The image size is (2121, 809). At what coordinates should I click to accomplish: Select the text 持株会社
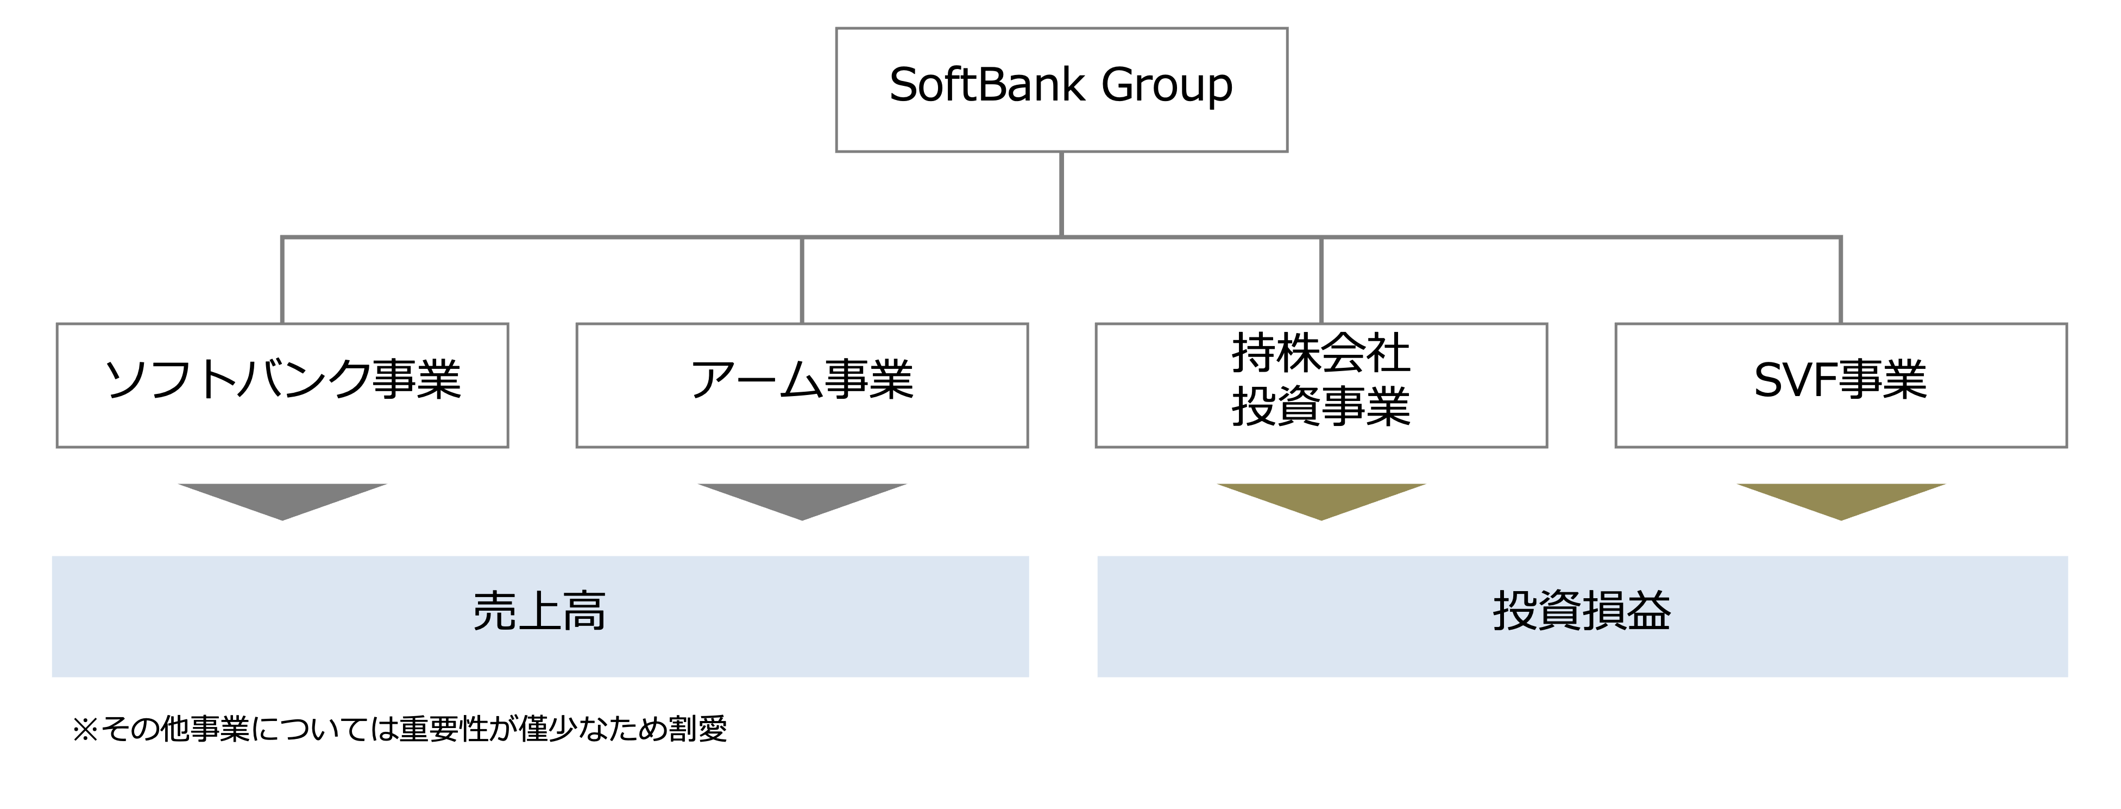[1321, 353]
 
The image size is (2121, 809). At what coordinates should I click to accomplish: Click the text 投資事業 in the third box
[1321, 407]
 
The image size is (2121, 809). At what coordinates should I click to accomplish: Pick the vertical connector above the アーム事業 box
[802, 280]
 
